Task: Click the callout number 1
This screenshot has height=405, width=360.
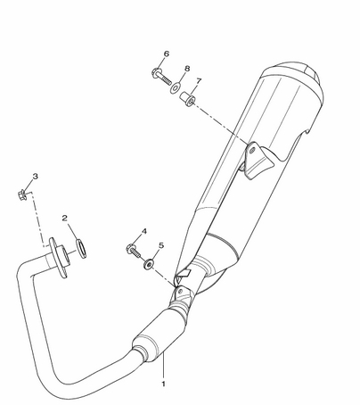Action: (x=163, y=384)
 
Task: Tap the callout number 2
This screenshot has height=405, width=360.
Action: (x=65, y=218)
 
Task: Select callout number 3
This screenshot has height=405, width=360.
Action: (x=36, y=177)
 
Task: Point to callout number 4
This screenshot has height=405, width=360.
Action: (x=144, y=231)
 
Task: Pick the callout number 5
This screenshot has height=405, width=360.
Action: (x=161, y=245)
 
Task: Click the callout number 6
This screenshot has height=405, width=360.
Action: (x=167, y=54)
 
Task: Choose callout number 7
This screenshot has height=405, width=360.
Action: (x=199, y=81)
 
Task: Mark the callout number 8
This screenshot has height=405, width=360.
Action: (x=187, y=69)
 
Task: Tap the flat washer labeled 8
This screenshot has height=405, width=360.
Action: (x=176, y=88)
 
